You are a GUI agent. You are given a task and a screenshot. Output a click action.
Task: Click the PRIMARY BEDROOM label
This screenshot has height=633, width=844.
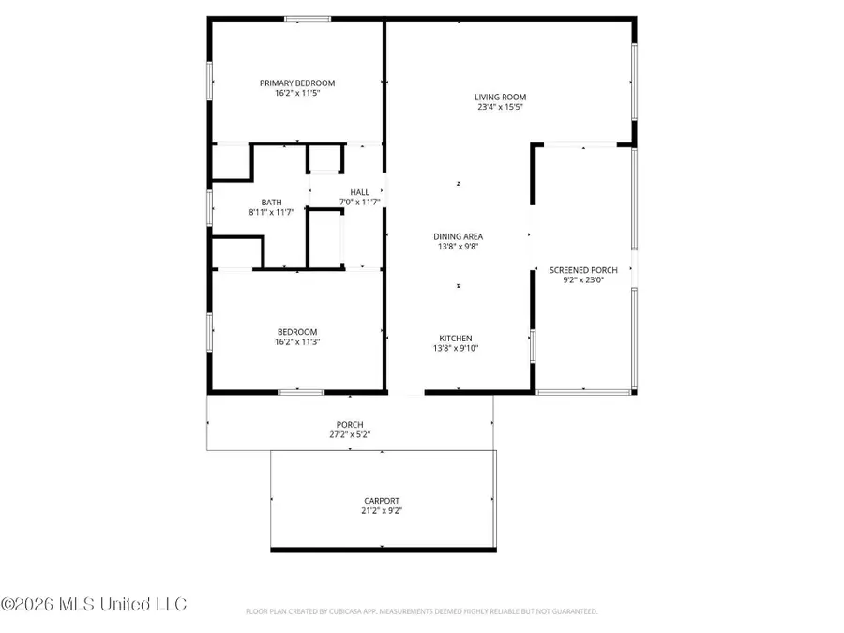point(296,83)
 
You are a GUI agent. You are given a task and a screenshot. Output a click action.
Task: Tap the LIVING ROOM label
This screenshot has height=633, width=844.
point(500,97)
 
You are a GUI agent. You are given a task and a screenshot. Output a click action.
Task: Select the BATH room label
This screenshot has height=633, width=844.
point(271,202)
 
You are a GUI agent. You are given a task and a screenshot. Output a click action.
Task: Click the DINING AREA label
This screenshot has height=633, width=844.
point(459,236)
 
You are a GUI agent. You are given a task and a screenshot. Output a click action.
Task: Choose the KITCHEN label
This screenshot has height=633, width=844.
point(456,339)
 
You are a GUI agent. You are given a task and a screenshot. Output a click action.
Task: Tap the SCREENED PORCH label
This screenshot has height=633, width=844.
point(583,271)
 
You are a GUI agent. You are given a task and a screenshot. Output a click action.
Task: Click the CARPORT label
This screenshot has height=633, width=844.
point(382,501)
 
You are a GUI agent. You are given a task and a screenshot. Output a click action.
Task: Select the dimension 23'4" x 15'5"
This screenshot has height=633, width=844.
point(500,107)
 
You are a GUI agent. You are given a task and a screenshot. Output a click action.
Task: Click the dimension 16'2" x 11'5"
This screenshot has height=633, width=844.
point(296,94)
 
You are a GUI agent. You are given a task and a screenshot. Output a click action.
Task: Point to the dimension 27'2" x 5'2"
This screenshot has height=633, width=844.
point(350,434)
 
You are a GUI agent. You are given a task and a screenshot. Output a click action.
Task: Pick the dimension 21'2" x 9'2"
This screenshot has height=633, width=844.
point(382,511)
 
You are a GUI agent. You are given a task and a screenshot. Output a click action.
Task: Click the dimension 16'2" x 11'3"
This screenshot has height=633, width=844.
point(296,342)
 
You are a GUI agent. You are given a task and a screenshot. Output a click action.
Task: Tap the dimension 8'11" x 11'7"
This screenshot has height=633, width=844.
point(271,212)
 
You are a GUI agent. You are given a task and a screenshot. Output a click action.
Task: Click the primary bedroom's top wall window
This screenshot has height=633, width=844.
point(308,19)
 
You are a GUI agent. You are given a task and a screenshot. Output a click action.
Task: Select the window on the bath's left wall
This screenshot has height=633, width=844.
point(209,206)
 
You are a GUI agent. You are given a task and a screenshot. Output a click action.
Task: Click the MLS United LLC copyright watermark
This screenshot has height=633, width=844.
point(94,603)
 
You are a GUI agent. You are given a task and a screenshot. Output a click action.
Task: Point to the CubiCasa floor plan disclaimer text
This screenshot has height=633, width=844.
point(421,611)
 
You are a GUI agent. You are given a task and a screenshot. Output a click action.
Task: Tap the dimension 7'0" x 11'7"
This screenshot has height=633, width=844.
point(359,202)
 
